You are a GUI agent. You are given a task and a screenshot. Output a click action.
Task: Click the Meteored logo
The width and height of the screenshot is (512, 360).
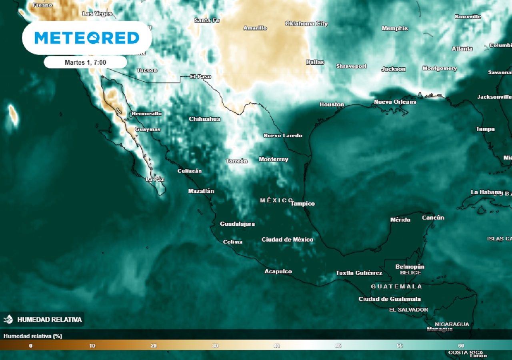87,38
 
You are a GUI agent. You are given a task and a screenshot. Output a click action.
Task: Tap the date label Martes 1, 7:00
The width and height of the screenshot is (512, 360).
85,62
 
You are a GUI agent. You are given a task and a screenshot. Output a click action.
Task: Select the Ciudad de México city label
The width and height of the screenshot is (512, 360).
287,240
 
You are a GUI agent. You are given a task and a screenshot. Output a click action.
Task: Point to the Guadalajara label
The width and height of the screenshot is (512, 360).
237,224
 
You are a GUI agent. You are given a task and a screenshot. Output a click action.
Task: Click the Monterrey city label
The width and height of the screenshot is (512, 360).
273,159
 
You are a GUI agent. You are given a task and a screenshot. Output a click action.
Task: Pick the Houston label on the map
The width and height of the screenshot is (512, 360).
332,104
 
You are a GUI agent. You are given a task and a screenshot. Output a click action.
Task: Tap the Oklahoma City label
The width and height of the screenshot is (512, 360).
306,24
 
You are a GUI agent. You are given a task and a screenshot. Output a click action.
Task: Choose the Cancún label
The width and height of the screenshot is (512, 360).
433,218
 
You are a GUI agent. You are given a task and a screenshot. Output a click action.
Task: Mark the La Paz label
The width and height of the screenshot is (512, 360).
155,179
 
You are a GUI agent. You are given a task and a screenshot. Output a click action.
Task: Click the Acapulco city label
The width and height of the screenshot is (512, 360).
278,272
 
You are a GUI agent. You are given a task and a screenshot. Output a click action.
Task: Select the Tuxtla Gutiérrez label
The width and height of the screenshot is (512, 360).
358,273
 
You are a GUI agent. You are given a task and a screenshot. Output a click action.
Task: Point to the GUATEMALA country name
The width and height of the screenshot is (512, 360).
396,286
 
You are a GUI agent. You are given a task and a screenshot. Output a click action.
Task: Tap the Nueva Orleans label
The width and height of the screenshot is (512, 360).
395,102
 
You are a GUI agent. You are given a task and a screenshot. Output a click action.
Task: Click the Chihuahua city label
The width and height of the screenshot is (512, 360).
204,119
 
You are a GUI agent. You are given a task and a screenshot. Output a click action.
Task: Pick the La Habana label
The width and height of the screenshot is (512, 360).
486,192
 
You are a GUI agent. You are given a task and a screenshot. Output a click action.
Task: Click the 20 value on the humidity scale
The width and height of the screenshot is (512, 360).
154,346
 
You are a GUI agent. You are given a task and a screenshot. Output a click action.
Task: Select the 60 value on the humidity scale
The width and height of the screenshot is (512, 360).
461,346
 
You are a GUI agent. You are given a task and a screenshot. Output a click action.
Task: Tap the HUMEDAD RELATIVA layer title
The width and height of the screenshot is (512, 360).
49,320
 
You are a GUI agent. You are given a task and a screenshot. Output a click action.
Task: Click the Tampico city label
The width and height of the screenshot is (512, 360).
302,204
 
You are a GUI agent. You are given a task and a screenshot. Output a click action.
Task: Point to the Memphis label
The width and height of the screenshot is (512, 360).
394,28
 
